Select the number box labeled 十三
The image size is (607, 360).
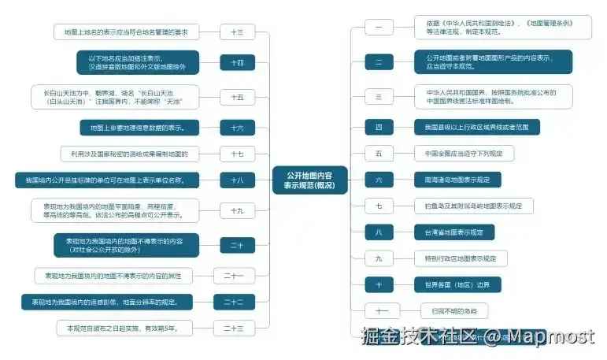tap(237, 32)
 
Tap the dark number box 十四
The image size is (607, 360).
tap(237, 62)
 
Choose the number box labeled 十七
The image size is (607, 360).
tap(237, 154)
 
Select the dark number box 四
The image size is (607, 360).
tap(379, 127)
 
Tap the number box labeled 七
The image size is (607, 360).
tap(379, 206)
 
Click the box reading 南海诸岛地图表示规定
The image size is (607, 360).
tap(457, 180)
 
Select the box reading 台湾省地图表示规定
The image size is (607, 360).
tap(455, 232)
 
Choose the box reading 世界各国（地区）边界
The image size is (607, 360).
tap(457, 284)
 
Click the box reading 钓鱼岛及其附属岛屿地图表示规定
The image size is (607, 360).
tap(473, 206)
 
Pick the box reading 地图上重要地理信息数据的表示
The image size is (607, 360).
tap(138, 128)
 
